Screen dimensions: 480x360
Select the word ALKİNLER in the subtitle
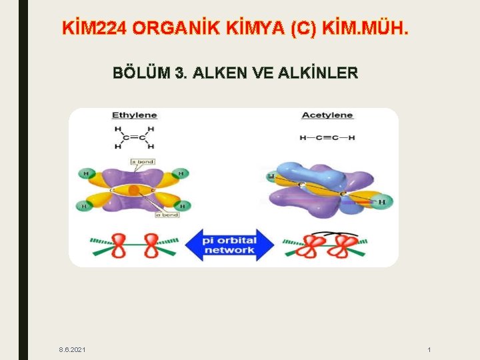pyautogui.click(x=319, y=73)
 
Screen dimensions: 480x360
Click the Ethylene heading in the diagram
pyautogui.click(x=134, y=115)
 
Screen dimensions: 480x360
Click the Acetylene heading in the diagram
pyautogui.click(x=327, y=115)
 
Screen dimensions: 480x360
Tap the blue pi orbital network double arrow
pyautogui.click(x=229, y=244)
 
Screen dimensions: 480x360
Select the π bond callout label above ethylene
pyautogui.click(x=142, y=161)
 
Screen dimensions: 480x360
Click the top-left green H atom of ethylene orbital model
pyautogui.click(x=85, y=175)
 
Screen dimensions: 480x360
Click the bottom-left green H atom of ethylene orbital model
pyautogui.click(x=85, y=207)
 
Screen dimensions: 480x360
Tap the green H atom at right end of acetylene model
pyautogui.click(x=382, y=201)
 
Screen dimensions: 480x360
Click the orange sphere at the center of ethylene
pyautogui.click(x=133, y=191)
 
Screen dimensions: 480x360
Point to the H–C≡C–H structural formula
pyautogui.click(x=327, y=138)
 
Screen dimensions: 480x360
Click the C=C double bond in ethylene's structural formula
pyautogui.click(x=133, y=137)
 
